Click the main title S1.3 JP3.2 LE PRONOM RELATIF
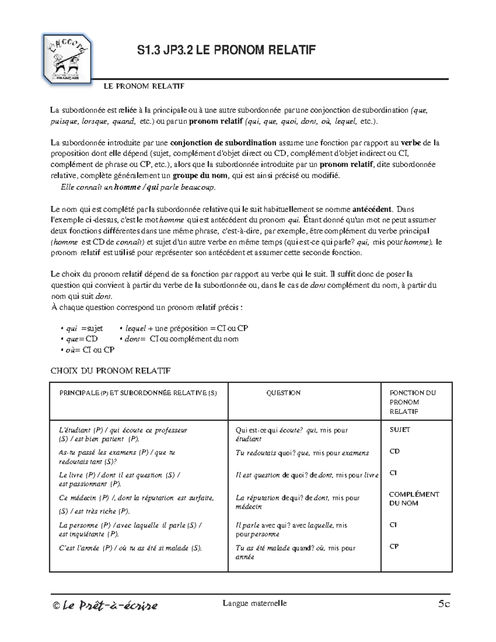[226, 50]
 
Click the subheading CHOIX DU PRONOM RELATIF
[110, 371]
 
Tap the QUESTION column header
[284, 393]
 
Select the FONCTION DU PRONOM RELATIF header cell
[413, 402]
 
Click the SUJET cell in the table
[400, 430]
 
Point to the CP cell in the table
[394, 547]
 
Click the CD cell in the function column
[394, 451]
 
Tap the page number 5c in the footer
[444, 604]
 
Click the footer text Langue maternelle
[255, 603]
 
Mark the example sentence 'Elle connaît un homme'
[138, 187]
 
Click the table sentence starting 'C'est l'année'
[130, 548]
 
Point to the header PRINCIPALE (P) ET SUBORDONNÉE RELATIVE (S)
[138, 393]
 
